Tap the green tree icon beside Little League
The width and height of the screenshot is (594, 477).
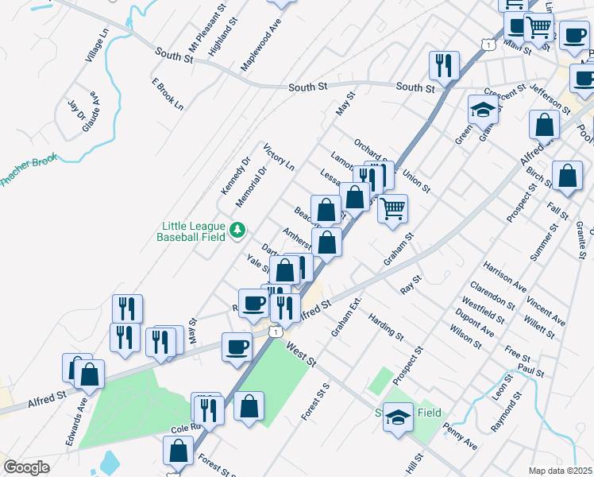(237, 231)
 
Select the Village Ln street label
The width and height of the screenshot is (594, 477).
(96, 46)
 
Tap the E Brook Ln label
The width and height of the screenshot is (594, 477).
(167, 94)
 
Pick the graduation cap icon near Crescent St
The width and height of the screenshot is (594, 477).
(482, 110)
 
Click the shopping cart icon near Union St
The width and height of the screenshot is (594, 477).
(391, 209)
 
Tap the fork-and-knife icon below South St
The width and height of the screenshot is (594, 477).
(441, 64)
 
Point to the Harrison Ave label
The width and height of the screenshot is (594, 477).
(504, 276)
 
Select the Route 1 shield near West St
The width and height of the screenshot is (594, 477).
(274, 331)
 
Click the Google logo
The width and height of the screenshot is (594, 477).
(26, 467)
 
